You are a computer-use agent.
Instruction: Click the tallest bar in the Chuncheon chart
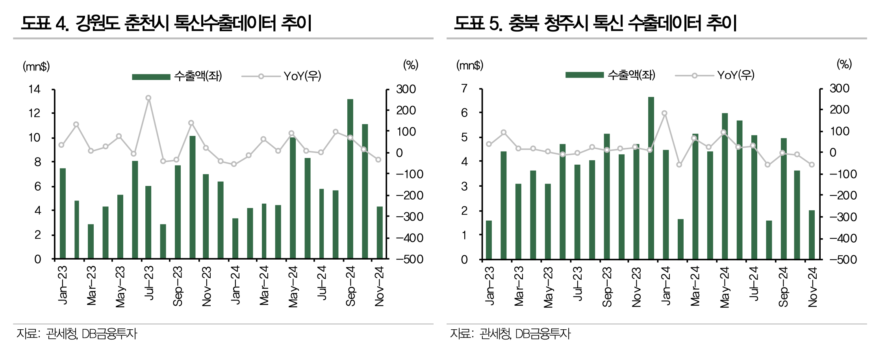350,179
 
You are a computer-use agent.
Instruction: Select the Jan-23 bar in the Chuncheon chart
63,213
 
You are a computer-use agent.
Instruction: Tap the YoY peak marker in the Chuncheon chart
148,98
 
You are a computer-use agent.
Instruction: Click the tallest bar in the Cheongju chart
651,178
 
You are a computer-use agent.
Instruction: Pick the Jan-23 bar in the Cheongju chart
489,240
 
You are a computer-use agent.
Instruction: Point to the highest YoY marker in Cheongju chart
664,113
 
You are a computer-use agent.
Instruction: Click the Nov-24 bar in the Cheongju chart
812,235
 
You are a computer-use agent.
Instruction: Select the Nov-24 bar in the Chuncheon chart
379,232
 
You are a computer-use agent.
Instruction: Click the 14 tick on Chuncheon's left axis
35,89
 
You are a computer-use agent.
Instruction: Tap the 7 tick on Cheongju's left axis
464,89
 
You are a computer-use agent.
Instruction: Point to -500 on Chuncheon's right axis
410,259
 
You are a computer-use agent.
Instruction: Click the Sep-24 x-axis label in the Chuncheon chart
350,286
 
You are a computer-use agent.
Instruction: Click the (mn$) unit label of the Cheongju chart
469,65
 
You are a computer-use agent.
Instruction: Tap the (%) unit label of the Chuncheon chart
410,65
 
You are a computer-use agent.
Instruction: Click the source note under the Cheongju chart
510,334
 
